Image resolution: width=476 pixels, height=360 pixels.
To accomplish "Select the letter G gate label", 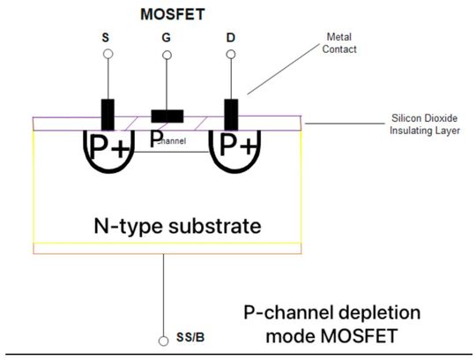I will (166, 39).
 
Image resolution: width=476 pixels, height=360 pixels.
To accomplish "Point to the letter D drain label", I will (231, 39).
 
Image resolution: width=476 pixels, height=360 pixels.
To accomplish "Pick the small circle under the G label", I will (166, 55).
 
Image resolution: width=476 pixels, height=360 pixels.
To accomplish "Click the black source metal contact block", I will (108, 113).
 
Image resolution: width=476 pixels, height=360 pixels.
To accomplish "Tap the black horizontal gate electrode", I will (167, 116).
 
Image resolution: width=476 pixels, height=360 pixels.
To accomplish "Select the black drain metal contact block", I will (232, 113).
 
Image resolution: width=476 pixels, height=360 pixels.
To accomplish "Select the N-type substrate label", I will (176, 225).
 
